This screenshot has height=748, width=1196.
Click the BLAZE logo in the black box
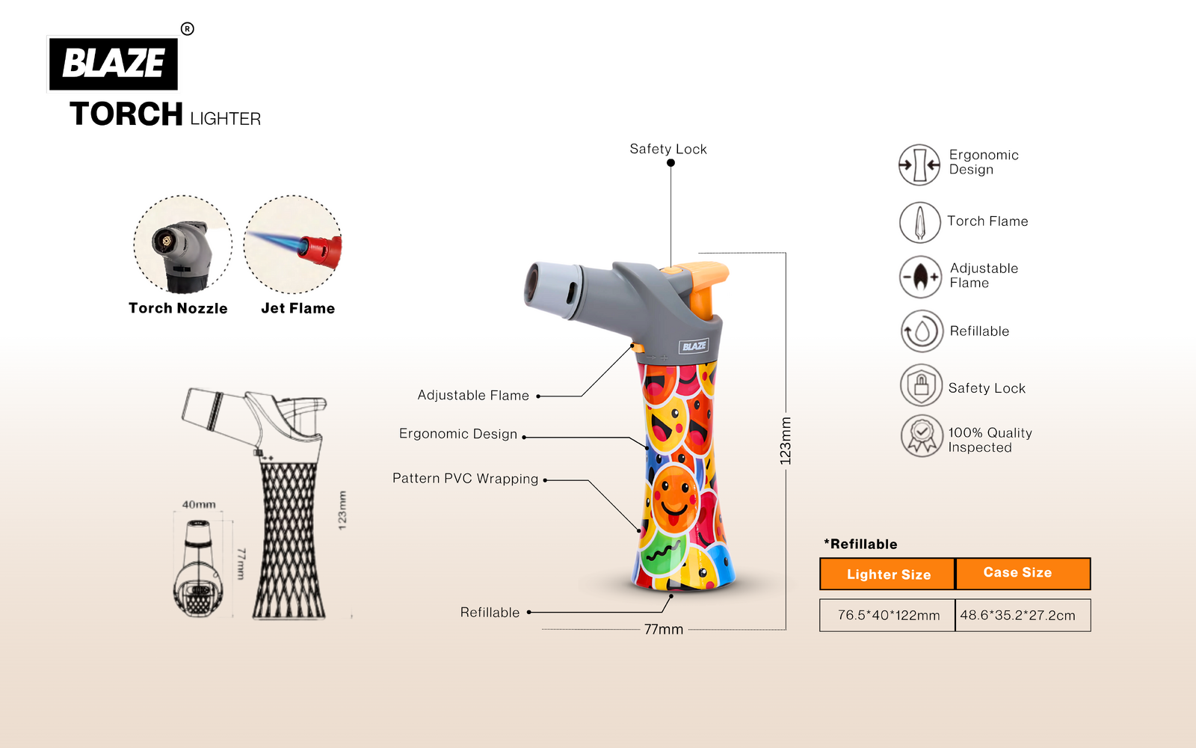(113, 63)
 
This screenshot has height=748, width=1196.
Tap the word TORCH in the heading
(126, 114)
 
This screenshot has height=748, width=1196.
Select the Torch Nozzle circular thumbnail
(182, 245)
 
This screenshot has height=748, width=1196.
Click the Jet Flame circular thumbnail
(293, 245)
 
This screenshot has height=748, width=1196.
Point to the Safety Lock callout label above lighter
(668, 149)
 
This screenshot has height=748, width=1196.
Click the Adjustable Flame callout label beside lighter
(473, 395)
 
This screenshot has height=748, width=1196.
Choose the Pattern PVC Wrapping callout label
(465, 479)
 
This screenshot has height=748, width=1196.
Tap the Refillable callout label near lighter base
(490, 613)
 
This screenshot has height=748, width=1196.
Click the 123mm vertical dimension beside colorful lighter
(785, 441)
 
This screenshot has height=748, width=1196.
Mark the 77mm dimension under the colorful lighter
(664, 630)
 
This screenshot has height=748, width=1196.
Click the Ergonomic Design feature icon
(919, 165)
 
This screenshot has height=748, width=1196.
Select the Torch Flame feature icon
(919, 222)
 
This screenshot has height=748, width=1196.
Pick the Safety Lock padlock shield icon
(921, 385)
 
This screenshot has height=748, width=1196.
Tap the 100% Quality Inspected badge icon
(922, 435)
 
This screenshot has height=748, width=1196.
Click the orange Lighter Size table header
(888, 574)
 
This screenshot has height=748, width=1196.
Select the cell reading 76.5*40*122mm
(888, 615)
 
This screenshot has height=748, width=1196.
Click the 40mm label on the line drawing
(199, 505)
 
